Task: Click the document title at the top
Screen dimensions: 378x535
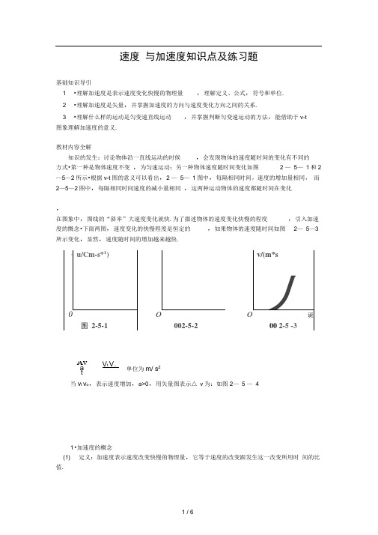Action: (189, 56)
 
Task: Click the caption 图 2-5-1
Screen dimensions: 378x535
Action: (94, 327)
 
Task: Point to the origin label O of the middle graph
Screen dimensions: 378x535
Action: (158, 315)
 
